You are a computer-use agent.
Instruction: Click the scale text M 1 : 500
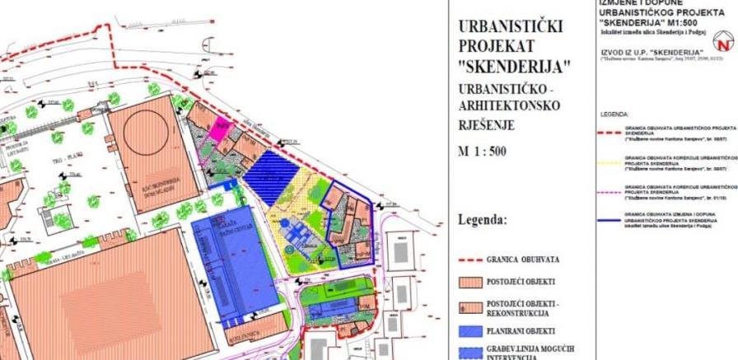coord(483,152)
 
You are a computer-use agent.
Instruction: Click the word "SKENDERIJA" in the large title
coord(506,67)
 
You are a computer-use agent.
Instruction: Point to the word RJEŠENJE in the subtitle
coord(486,125)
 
